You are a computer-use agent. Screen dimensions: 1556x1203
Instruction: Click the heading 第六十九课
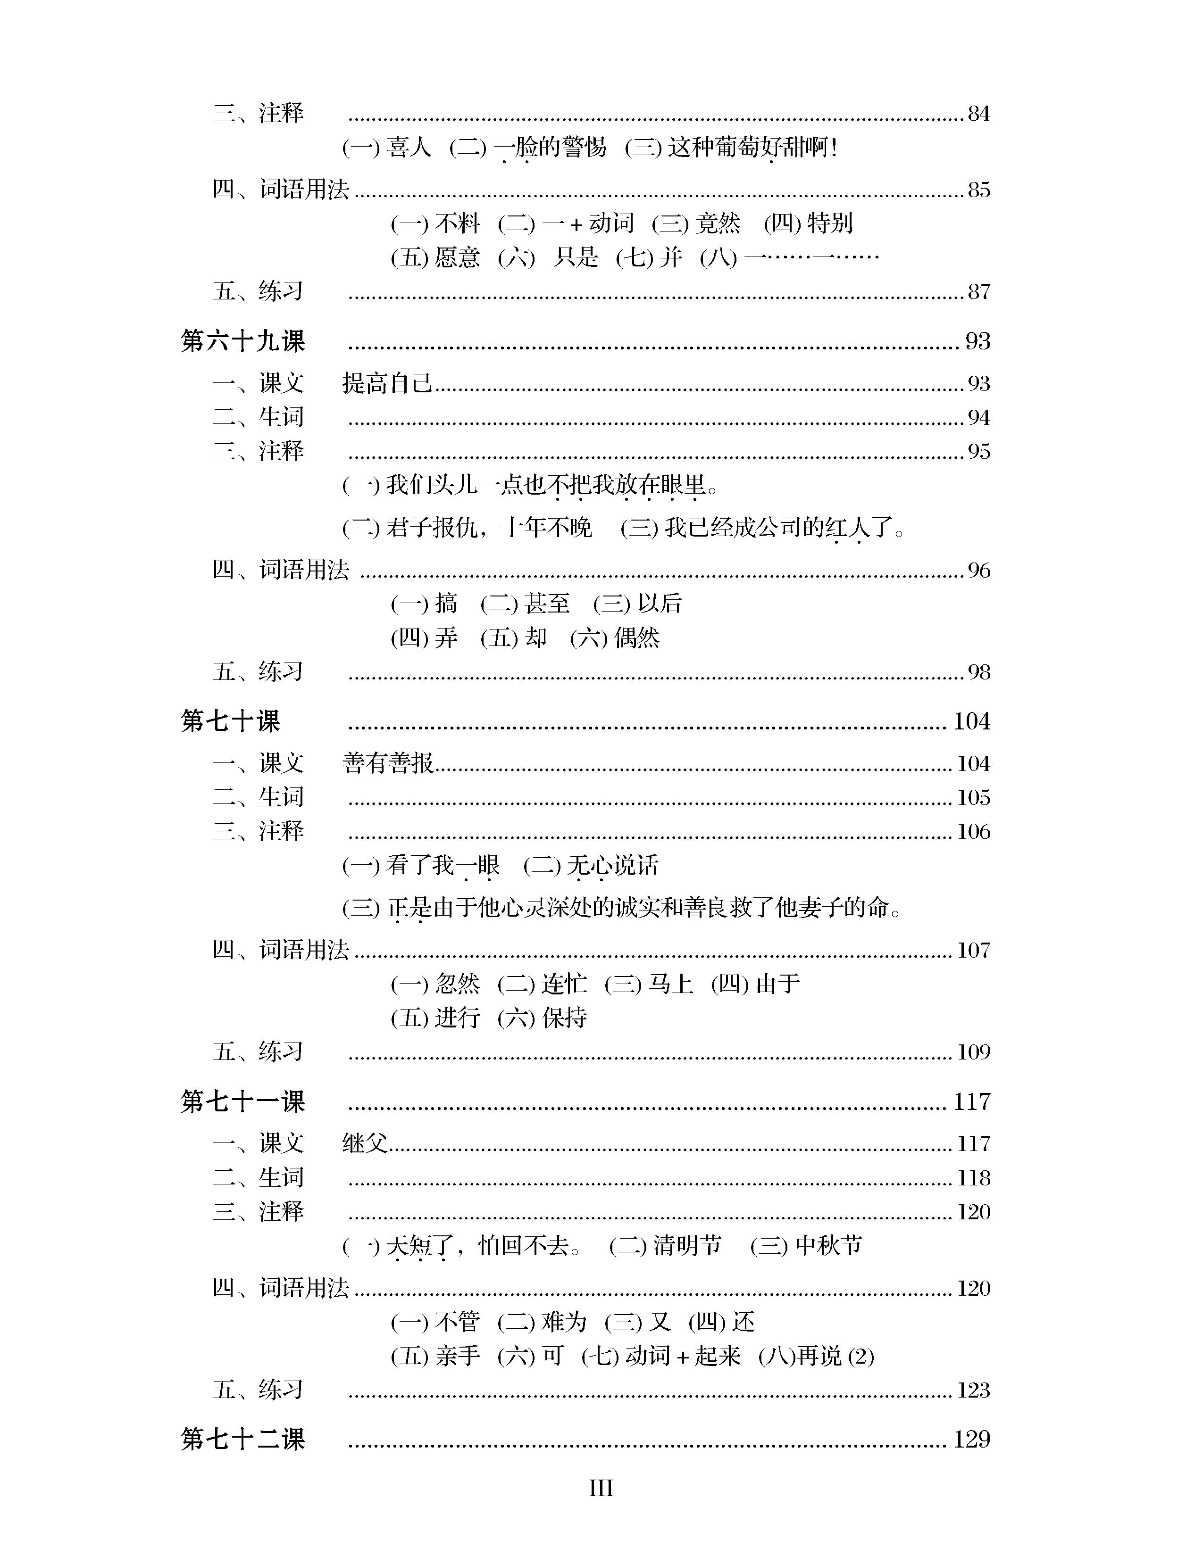click(x=242, y=341)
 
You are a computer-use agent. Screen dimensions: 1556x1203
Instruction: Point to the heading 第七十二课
click(x=242, y=1439)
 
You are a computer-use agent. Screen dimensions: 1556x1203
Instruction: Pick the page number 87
click(x=978, y=291)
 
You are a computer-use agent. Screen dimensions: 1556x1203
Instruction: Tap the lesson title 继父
click(x=365, y=1143)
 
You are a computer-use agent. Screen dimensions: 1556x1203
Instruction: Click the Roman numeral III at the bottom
click(x=601, y=1488)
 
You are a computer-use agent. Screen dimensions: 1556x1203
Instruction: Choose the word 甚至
click(x=547, y=604)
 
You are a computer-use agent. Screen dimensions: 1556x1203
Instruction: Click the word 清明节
click(x=687, y=1245)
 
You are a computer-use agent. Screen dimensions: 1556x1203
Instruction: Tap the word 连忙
click(x=564, y=984)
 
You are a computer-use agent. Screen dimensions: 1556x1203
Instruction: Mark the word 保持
click(x=564, y=1018)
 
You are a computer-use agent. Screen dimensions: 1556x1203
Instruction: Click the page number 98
click(x=978, y=672)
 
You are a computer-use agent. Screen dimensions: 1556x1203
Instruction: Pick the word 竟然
click(x=718, y=223)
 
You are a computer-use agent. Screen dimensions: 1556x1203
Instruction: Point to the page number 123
click(x=973, y=1390)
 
